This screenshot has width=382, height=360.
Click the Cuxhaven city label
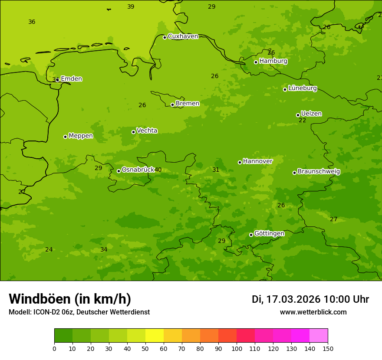(183, 36)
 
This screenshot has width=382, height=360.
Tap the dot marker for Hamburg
(256, 62)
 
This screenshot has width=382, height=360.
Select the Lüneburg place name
(302, 88)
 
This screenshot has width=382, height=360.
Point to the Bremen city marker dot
(172, 105)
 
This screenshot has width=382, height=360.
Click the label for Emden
(71, 79)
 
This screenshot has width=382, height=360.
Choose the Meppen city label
(81, 136)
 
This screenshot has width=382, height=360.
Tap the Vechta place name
(147, 131)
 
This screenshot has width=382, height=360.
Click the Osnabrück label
(138, 170)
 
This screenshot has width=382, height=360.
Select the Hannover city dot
(240, 162)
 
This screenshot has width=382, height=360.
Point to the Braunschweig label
(319, 172)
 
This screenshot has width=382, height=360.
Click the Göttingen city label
(269, 234)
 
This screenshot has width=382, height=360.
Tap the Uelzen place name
(311, 114)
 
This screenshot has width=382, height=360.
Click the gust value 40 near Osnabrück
(158, 170)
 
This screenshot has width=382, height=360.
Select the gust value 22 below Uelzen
(302, 121)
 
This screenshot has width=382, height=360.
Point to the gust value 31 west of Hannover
(216, 170)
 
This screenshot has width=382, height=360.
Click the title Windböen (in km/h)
(70, 299)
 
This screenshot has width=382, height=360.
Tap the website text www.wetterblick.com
(313, 312)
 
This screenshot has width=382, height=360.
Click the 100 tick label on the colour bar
(237, 348)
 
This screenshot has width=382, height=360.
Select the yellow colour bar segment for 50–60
(155, 336)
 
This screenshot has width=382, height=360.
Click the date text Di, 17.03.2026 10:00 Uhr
(310, 299)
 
